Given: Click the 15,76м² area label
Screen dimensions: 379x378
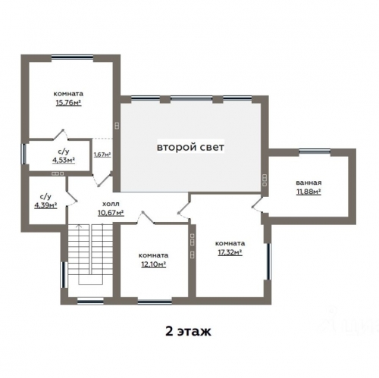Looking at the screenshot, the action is [x=68, y=103].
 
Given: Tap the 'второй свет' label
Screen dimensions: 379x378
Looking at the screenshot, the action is [x=190, y=147].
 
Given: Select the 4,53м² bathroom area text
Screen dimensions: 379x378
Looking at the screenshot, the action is [x=64, y=160].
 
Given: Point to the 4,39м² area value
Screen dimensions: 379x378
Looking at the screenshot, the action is [x=45, y=205].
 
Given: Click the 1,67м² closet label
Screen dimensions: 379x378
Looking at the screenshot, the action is [x=102, y=155].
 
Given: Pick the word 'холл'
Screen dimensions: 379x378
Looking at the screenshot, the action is [x=111, y=204].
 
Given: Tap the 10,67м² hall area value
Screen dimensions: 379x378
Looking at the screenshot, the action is [x=111, y=213].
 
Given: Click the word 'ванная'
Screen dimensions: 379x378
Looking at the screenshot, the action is [x=309, y=183].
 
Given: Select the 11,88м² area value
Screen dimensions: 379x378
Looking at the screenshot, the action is [x=309, y=192].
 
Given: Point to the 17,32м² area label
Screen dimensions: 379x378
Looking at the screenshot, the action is [x=230, y=252].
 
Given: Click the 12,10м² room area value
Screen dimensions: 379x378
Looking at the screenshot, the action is [x=153, y=264].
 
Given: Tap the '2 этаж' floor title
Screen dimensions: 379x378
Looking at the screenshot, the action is [x=188, y=331].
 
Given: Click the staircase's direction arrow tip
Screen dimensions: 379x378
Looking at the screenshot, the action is [x=80, y=225].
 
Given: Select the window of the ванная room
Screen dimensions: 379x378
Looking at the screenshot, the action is [x=315, y=152].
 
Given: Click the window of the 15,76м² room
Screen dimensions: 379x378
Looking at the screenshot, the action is [x=72, y=58].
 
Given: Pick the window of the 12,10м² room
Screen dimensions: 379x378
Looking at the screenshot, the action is [x=155, y=301].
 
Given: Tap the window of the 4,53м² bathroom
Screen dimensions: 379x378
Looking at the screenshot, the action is [x=24, y=154].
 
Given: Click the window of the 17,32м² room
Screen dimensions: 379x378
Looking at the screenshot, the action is [x=268, y=261].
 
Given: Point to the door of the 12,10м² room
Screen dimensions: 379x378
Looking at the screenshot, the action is [x=146, y=218].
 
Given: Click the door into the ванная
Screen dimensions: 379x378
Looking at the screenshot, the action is [x=257, y=205].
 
